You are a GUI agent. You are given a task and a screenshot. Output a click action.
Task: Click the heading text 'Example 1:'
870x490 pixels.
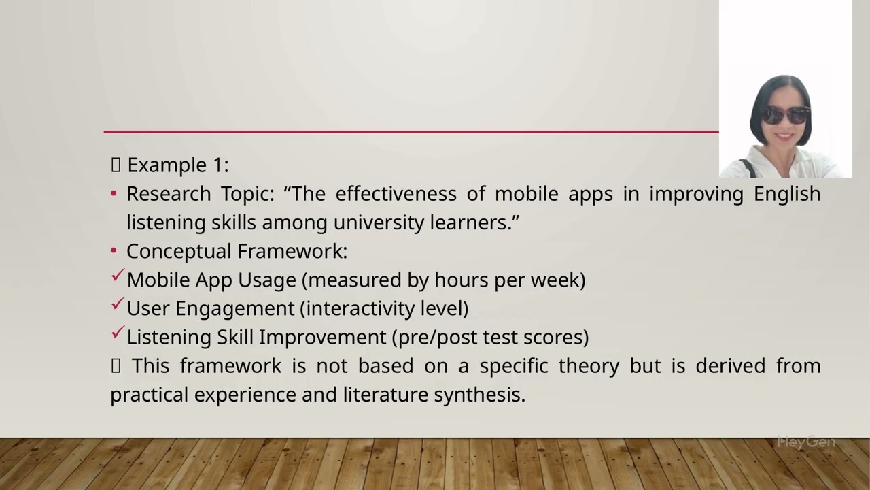tap(177, 165)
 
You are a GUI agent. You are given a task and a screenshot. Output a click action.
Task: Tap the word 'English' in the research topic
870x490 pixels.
tap(786, 194)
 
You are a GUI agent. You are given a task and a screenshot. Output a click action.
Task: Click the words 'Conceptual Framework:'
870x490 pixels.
tap(237, 251)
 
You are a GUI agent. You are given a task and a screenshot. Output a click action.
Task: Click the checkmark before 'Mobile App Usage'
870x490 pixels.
tap(117, 276)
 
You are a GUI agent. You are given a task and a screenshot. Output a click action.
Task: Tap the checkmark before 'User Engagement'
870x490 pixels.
tap(117, 304)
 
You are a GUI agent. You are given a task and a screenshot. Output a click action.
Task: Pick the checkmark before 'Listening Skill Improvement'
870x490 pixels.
tap(117, 333)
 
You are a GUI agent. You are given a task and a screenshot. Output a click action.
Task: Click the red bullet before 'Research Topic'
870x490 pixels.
tap(114, 195)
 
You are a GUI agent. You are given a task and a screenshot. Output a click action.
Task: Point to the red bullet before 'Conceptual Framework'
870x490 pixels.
tap(114, 252)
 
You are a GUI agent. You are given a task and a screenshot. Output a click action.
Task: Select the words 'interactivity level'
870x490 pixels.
tap(384, 308)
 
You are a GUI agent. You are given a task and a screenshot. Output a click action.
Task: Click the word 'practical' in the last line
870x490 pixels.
tap(150, 395)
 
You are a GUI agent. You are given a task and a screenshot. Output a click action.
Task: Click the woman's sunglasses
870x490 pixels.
tap(785, 115)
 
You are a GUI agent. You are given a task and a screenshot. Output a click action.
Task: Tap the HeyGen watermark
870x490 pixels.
tap(806, 442)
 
